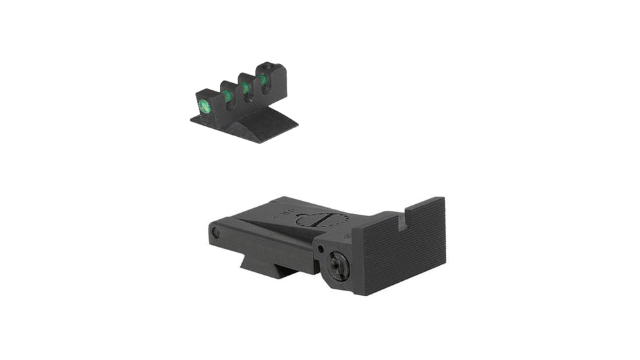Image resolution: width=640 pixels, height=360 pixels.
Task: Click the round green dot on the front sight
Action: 203,104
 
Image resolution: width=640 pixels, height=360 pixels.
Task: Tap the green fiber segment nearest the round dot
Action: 228,96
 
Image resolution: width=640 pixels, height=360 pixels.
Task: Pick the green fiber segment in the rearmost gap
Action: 263,80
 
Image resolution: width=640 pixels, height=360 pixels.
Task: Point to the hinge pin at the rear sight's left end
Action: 215,232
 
